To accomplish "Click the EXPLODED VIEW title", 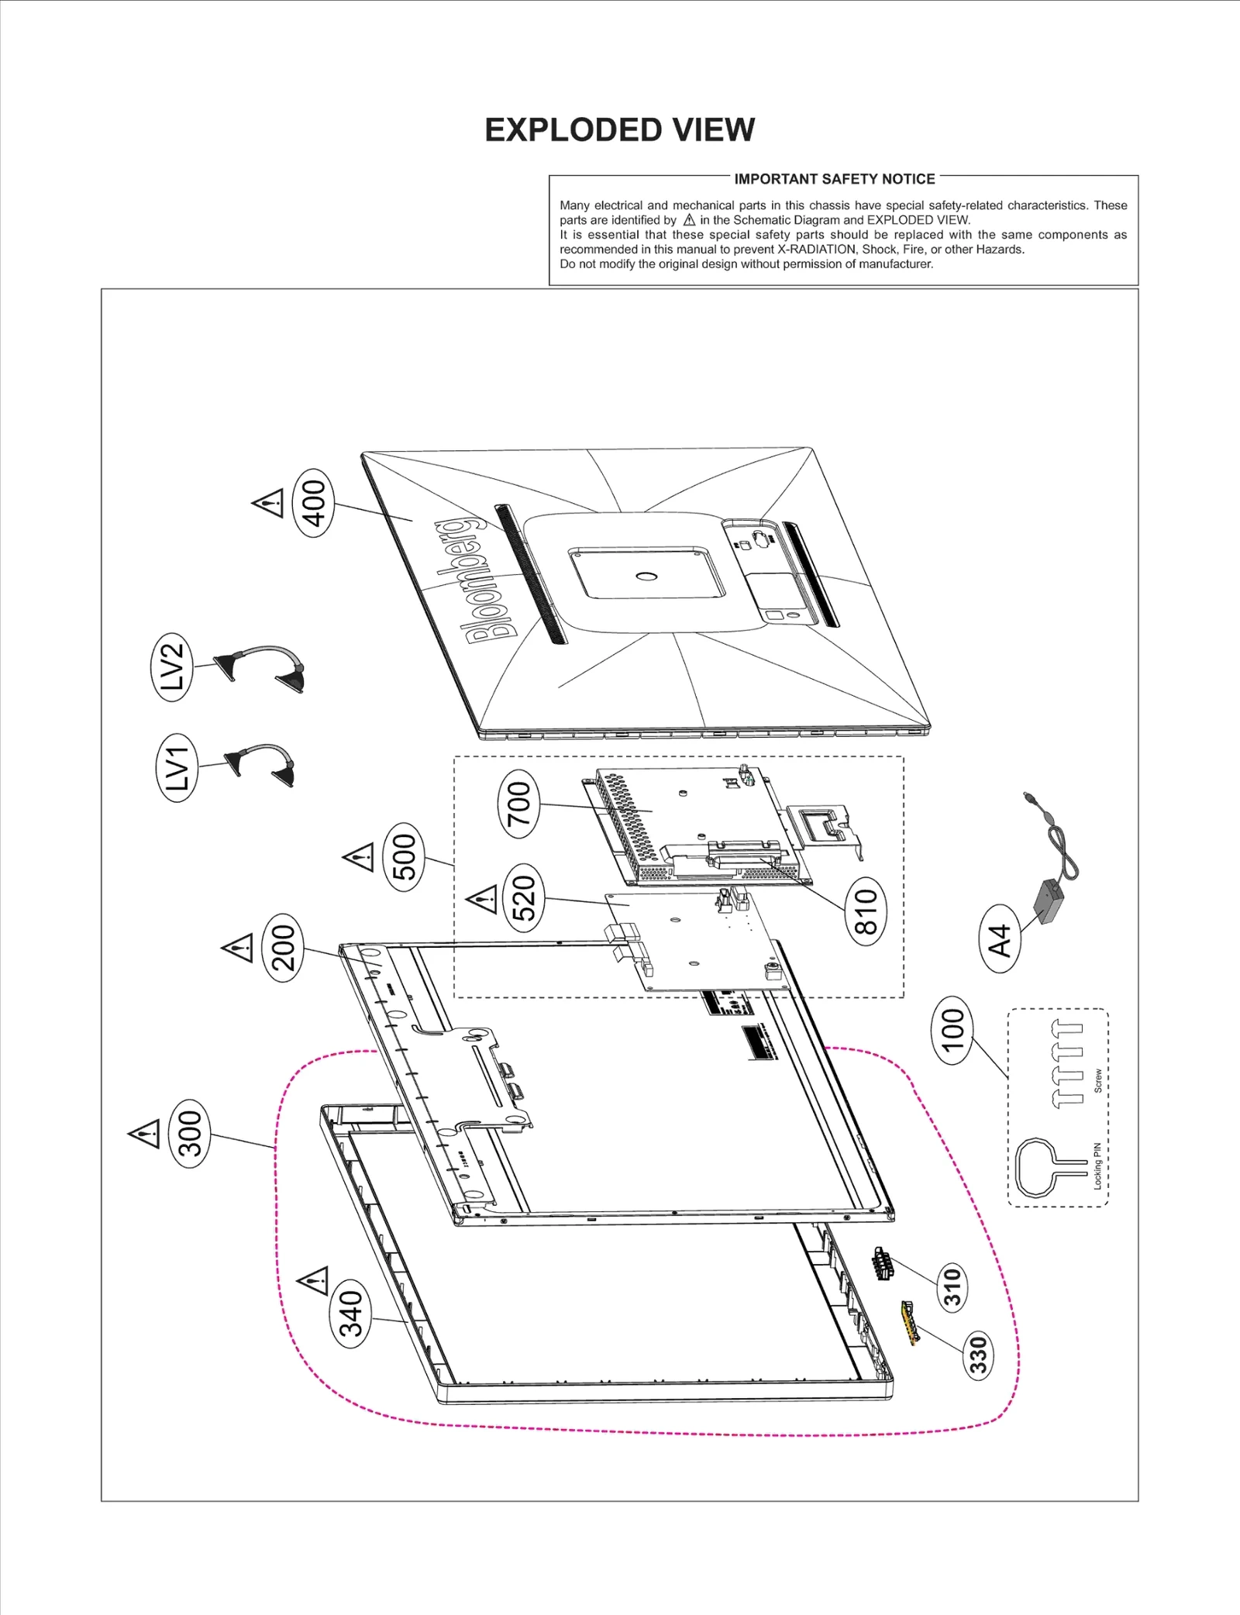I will tap(619, 130).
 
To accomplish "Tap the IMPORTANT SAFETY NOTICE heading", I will tap(834, 179).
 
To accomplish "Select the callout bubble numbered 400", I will tap(313, 503).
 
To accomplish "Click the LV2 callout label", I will tap(171, 666).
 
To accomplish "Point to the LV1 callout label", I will tap(177, 767).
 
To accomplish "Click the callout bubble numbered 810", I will tap(865, 911).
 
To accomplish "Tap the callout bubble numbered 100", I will tap(952, 1030).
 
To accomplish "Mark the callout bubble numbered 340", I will tap(350, 1314).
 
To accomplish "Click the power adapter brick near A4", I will tap(1049, 900).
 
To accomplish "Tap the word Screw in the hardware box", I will tap(1097, 1081).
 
